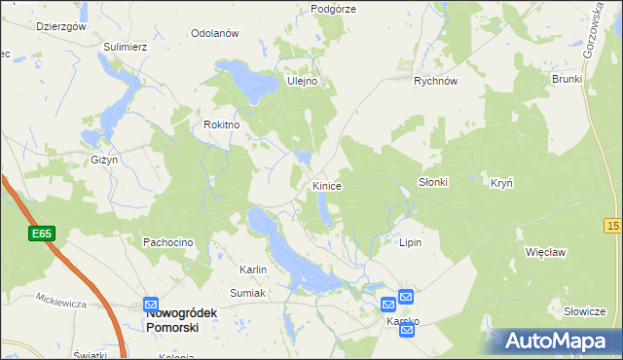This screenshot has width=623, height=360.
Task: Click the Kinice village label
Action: pyautogui.click(x=326, y=185)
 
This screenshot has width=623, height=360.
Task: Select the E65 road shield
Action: pyautogui.click(x=41, y=234)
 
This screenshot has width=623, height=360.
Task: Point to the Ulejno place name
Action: pyautogui.click(x=302, y=82)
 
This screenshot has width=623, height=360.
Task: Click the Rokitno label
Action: pyautogui.click(x=221, y=126)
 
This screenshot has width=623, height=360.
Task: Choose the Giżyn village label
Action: pyautogui.click(x=105, y=159)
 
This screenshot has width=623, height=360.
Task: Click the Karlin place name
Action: pyautogui.click(x=253, y=269)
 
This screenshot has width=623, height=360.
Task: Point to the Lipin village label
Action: pyautogui.click(x=410, y=241)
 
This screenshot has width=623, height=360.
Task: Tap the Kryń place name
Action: pyautogui.click(x=501, y=183)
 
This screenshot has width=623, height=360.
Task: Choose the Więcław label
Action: pyautogui.click(x=546, y=251)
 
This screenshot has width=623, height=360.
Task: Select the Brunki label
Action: pyautogui.click(x=566, y=79)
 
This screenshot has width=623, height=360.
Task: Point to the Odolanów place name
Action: pyautogui.click(x=215, y=33)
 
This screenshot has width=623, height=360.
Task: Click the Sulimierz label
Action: pyautogui.click(x=126, y=46)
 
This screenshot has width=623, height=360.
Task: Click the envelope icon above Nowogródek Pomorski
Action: pyautogui.click(x=151, y=305)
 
